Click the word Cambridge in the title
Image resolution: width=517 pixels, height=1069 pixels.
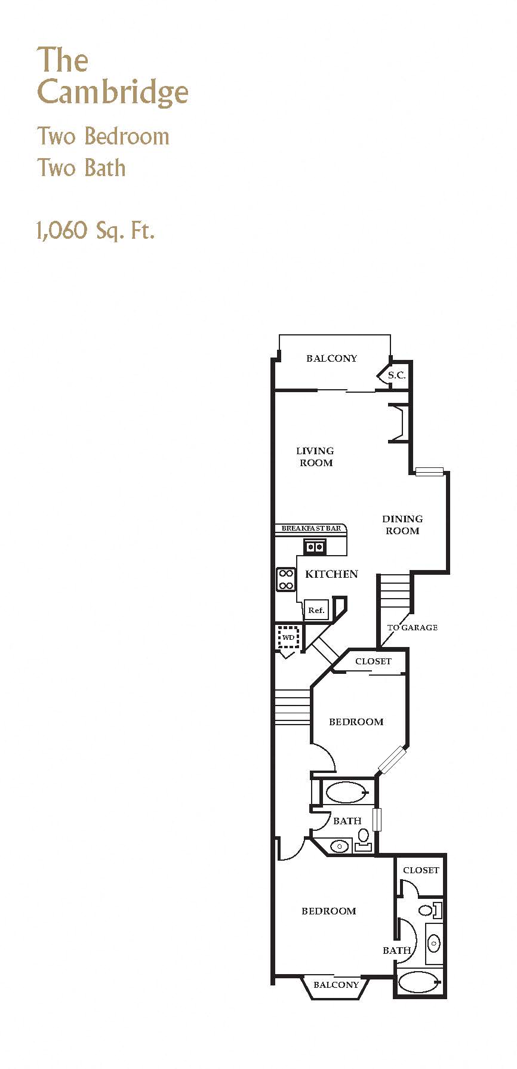point(113,93)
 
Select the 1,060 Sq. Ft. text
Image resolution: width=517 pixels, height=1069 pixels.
point(96,230)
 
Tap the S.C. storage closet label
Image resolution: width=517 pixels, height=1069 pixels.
point(396,375)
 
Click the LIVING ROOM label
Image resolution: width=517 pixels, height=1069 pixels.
point(315,457)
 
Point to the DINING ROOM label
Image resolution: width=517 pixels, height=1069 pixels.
point(402,525)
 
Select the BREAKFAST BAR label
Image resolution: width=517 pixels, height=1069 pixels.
point(311,528)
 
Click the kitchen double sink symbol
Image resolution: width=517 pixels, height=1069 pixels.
point(315,546)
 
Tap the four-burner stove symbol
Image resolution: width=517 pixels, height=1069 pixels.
point(286,579)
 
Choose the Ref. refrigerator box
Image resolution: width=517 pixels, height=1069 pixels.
point(316,610)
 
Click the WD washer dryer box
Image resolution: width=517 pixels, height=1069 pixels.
point(289,637)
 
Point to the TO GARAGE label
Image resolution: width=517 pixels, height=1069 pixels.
point(412,627)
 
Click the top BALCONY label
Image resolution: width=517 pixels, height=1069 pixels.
point(331,358)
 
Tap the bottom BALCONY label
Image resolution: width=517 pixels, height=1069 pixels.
point(336,985)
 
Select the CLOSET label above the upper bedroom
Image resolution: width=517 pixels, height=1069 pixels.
point(373,661)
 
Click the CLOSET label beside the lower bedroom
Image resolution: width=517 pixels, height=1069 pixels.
point(421,870)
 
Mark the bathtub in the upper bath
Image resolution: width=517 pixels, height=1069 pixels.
point(347,793)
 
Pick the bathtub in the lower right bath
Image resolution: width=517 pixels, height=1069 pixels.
point(418,982)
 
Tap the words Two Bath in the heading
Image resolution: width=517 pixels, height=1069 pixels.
point(82,168)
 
